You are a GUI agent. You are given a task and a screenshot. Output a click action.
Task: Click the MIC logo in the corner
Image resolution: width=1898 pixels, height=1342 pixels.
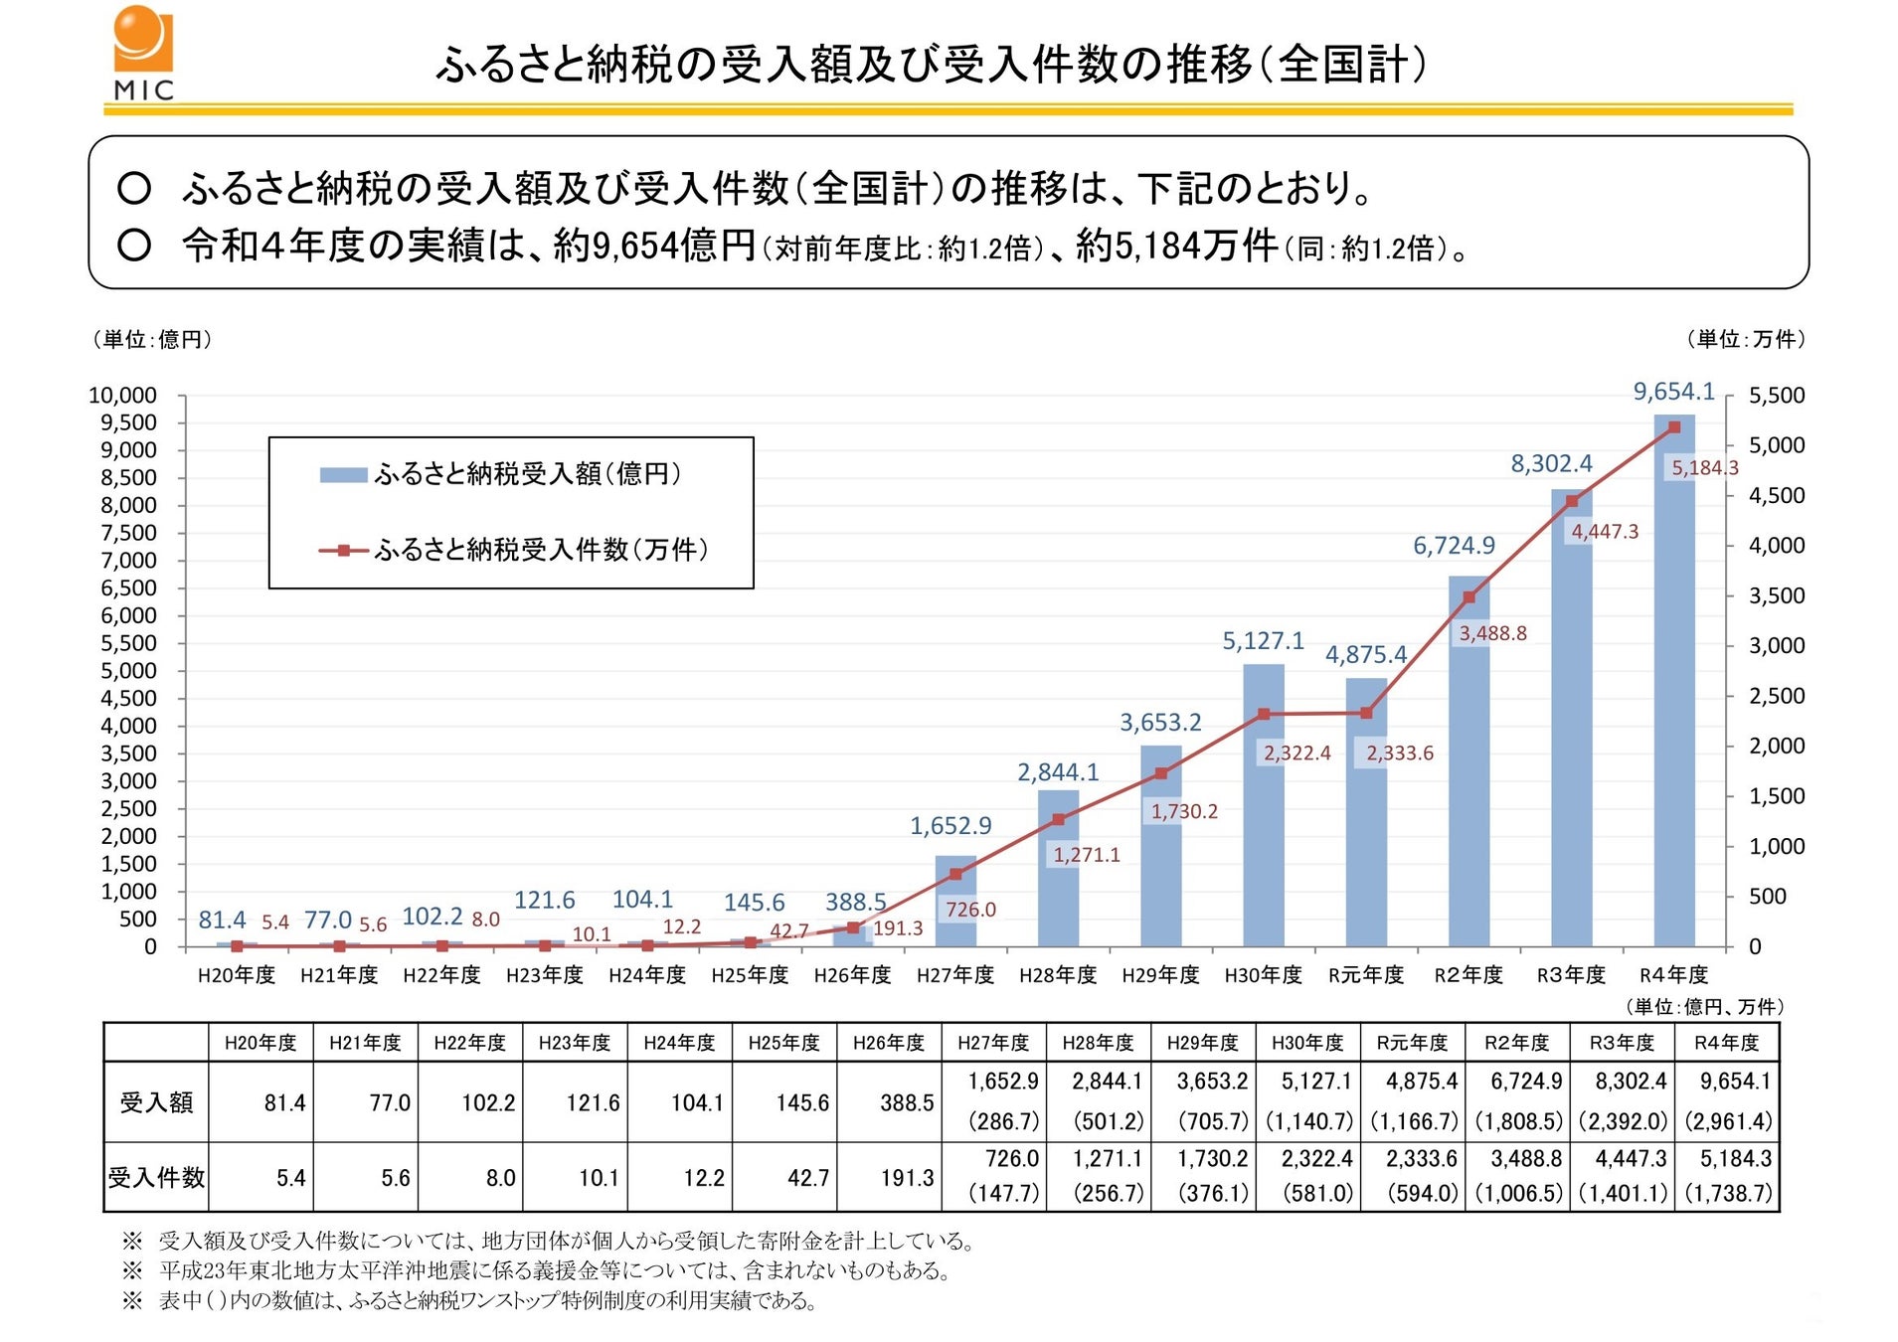pyautogui.click(x=143, y=53)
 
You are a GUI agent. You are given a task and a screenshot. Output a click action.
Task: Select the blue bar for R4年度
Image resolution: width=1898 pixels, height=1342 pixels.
pyautogui.click(x=1673, y=686)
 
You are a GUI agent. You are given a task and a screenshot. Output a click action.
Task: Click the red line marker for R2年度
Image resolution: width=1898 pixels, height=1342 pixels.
pyautogui.click(x=1468, y=597)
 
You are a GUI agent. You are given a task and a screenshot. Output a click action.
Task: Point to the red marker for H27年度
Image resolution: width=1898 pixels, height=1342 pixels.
pyautogui.click(x=955, y=874)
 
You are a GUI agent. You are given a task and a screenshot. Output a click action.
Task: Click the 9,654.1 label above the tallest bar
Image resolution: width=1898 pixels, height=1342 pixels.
pyautogui.click(x=1673, y=392)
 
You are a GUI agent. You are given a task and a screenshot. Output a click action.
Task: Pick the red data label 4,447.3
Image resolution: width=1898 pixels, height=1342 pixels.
pyautogui.click(x=1604, y=532)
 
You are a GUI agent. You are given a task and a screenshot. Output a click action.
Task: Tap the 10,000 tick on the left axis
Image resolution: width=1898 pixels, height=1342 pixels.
pyautogui.click(x=122, y=396)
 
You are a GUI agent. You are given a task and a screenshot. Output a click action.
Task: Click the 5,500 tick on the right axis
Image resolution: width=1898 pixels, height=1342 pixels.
pyautogui.click(x=1776, y=396)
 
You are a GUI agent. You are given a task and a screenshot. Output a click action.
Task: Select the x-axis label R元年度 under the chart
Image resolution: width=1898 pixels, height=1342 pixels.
pyautogui.click(x=1365, y=975)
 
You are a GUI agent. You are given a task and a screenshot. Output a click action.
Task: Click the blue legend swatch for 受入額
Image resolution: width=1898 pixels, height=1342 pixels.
pyautogui.click(x=342, y=475)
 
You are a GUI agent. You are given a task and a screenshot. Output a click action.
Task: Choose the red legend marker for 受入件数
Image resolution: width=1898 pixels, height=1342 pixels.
pyautogui.click(x=342, y=550)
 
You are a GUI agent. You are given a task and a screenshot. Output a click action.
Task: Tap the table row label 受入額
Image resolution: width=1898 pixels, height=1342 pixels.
pyautogui.click(x=156, y=1102)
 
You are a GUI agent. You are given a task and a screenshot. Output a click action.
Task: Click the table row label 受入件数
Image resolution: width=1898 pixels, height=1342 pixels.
pyautogui.click(x=156, y=1178)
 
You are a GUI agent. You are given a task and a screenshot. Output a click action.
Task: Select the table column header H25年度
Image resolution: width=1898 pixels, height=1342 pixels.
pyautogui.click(x=783, y=1043)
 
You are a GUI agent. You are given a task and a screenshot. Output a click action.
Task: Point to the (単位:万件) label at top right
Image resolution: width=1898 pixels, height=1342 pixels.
pyautogui.click(x=1745, y=340)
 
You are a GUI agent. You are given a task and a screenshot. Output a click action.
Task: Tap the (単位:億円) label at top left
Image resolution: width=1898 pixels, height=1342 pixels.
pyautogui.click(x=152, y=340)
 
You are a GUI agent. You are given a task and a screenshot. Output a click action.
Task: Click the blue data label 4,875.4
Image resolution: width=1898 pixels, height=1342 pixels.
pyautogui.click(x=1365, y=655)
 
